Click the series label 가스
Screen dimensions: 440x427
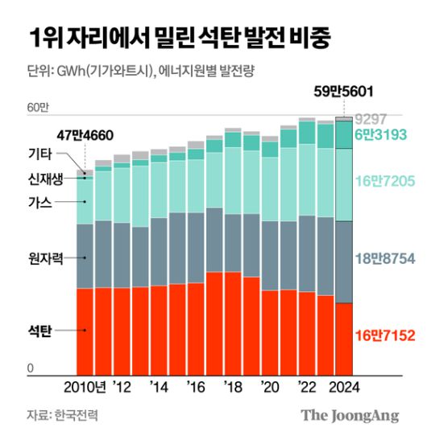coord(39,202)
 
